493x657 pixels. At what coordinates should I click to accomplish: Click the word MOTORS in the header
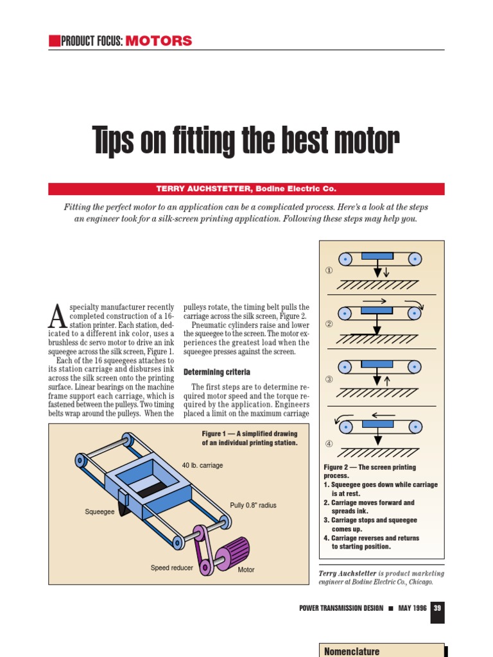[159, 41]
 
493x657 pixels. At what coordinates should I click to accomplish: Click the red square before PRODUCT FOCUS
[53, 41]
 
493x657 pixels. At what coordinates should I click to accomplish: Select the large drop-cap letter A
[58, 315]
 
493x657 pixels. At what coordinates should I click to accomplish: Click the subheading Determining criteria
[217, 372]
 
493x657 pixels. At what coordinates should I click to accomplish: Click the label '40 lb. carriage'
[202, 465]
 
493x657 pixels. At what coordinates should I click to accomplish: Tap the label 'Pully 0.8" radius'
[253, 506]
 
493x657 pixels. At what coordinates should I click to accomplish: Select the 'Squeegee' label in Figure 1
[99, 512]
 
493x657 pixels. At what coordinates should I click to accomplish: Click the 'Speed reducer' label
[171, 568]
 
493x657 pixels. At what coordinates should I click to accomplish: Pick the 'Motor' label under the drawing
[246, 570]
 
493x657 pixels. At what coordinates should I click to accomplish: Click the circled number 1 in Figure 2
[329, 271]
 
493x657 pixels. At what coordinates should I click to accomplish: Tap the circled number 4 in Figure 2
[329, 443]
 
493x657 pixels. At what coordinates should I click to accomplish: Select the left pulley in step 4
[346, 426]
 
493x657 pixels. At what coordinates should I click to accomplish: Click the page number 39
[437, 608]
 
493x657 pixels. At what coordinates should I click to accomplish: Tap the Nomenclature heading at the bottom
[351, 651]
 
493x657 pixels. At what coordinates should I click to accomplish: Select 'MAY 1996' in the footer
[413, 608]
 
